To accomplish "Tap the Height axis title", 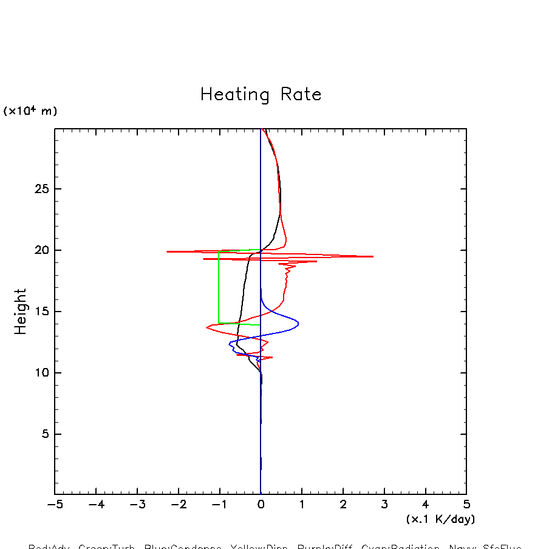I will tap(21, 312).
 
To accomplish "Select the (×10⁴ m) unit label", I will tap(30, 111).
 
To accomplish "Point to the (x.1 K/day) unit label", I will tap(440, 519).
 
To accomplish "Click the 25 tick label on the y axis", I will tap(40, 189).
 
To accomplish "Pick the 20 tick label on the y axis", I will tap(40, 250).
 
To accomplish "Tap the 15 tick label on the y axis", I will tap(40, 312).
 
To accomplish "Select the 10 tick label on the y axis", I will tap(40, 373).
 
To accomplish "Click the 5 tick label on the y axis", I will tap(44, 434).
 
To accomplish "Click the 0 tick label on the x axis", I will tap(261, 505).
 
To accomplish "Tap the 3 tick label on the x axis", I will tap(384, 505).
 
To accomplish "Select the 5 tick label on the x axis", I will tap(466, 505).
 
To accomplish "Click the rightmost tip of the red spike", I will tap(373, 256).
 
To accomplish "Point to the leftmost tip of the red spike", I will tap(168, 251).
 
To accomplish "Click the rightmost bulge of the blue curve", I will tap(298, 323).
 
